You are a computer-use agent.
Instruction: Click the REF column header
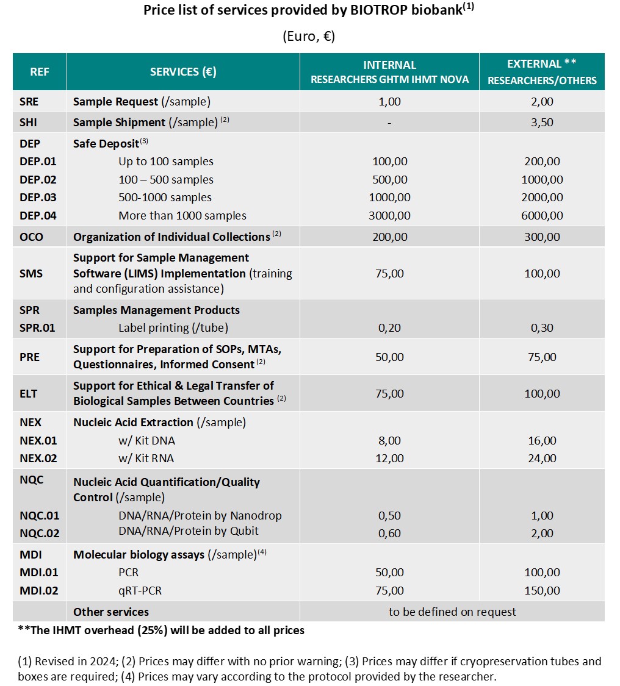tap(40, 72)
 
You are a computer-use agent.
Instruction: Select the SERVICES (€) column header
tap(183, 72)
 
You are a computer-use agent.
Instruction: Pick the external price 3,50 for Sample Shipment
tap(542, 122)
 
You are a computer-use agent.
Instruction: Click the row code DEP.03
tap(38, 198)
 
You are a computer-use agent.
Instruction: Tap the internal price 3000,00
tap(389, 215)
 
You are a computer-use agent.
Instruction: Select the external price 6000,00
tap(542, 215)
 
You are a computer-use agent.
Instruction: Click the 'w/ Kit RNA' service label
tap(146, 458)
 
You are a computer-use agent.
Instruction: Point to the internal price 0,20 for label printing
tap(389, 327)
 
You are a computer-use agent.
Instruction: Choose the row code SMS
tap(31, 273)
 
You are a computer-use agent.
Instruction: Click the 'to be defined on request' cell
tap(452, 612)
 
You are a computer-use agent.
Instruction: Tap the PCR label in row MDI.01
tap(129, 573)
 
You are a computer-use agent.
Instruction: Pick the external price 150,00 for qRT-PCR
tap(542, 590)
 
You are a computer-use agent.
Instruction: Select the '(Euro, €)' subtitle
tap(309, 37)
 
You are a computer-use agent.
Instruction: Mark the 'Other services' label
tap(111, 612)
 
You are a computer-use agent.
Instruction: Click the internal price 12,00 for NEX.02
tap(389, 458)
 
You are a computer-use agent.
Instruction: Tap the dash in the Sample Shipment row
tap(389, 123)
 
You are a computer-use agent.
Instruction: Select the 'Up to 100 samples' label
tap(166, 162)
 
